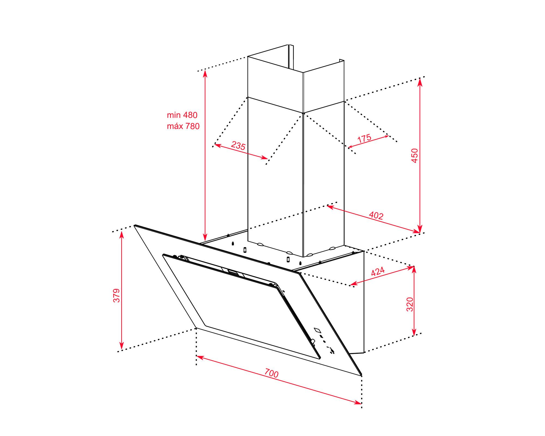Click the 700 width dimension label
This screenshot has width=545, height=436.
tap(271, 373)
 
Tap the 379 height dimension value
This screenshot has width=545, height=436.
tap(117, 295)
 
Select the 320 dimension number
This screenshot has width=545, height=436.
tap(410, 305)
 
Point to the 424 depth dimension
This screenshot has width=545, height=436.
tap(378, 272)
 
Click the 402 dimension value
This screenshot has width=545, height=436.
tap(376, 216)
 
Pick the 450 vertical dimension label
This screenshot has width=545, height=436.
tap(414, 155)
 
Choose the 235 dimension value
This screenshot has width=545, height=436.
tap(238, 146)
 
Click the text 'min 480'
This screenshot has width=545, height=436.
tap(182, 115)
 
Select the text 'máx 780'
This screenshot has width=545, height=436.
tap(183, 126)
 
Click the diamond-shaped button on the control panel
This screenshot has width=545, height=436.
tap(317, 330)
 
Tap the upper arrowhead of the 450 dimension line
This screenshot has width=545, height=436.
tap(420, 81)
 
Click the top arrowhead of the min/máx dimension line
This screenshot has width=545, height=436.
tap(205, 74)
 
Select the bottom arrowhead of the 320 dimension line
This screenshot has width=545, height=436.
tap(414, 332)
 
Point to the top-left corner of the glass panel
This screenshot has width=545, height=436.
tap(135, 225)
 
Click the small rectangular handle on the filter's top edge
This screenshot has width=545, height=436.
tap(232, 272)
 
